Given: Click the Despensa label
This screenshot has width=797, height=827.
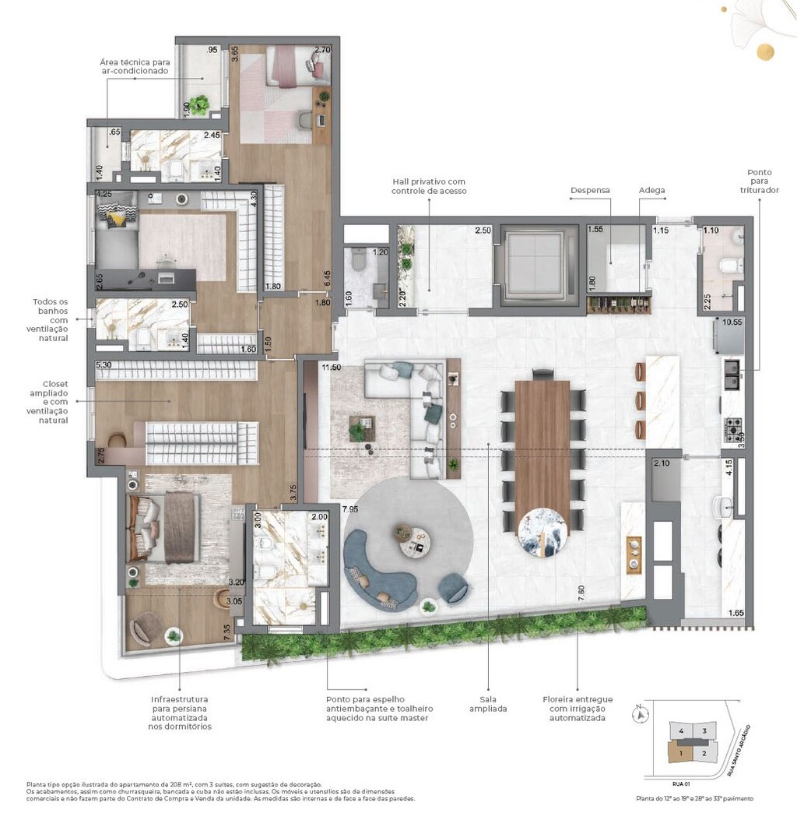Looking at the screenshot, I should [590, 189].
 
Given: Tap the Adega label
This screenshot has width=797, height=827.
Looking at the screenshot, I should [651, 189].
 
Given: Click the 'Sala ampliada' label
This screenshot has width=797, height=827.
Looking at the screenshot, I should [489, 704].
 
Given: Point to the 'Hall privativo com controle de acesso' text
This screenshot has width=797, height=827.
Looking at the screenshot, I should [429, 186].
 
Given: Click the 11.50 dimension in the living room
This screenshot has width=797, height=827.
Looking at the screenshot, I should [332, 367].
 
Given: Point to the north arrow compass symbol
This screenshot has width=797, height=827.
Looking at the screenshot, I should [638, 710].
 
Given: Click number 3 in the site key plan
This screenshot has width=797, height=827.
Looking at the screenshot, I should [704, 731].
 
